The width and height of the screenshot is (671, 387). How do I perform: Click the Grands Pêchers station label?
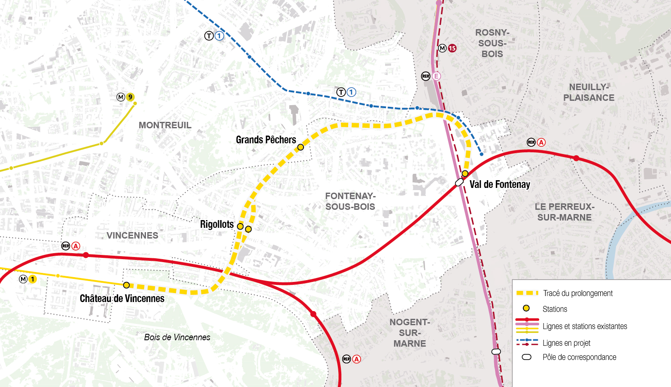point(266,140)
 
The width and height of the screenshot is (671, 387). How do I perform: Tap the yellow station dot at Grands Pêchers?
point(301,147)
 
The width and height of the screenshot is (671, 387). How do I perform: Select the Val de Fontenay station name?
point(500,184)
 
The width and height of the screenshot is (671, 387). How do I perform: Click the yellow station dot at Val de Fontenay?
point(465,174)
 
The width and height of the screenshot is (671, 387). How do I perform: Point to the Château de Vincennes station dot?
point(126,285)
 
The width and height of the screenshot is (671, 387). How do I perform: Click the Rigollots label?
point(217,224)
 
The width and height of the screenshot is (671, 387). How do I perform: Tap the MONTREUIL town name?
point(165,125)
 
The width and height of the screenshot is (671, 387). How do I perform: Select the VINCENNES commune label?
point(132,236)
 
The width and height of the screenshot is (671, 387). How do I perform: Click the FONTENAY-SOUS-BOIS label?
point(350,201)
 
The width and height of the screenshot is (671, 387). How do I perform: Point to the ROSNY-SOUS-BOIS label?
point(492,43)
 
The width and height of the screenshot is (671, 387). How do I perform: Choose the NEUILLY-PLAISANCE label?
point(589,92)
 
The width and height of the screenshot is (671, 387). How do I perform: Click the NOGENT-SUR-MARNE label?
point(410,333)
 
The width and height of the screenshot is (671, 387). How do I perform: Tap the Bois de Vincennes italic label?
point(177,337)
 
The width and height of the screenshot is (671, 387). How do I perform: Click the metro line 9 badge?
point(130,97)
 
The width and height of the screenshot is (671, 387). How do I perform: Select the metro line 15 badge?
point(452,48)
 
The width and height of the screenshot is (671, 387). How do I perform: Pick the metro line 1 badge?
point(32,279)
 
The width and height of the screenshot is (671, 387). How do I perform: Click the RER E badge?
point(436,76)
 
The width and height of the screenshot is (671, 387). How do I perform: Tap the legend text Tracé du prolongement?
point(577,293)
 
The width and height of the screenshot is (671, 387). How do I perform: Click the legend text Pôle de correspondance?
point(579,357)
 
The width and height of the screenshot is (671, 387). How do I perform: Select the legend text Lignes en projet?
point(566,343)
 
